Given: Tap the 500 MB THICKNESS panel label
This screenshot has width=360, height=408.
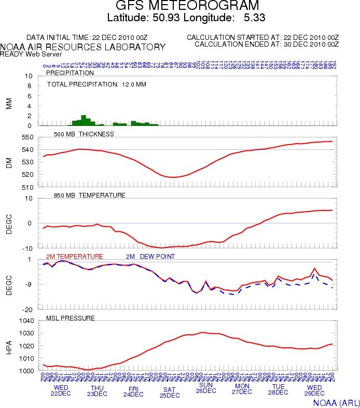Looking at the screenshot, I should coord(84,134).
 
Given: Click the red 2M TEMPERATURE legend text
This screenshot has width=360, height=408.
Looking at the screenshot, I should coord(74,257).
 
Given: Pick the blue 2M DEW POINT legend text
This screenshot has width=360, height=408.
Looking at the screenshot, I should coord(150,257).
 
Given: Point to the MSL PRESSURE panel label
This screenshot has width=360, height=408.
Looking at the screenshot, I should coord(70,318).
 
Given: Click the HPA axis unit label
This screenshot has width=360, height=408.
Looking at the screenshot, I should coord(9,346).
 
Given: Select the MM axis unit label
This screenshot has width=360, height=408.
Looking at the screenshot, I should coord(9,104).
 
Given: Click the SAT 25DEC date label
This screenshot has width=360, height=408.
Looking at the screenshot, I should coord(170,392).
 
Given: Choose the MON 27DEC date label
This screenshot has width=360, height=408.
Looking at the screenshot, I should coord(242,389).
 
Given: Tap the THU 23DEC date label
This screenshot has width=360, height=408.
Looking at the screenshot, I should coord(97,390).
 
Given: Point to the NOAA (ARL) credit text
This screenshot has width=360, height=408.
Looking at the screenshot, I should coord(336,402).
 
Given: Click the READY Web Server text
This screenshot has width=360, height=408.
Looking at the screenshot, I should coord(31,54).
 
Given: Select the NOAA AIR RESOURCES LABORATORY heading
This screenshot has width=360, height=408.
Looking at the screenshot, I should coord(83,47).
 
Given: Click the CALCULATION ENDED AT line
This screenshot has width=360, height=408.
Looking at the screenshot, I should coord(266,44).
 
